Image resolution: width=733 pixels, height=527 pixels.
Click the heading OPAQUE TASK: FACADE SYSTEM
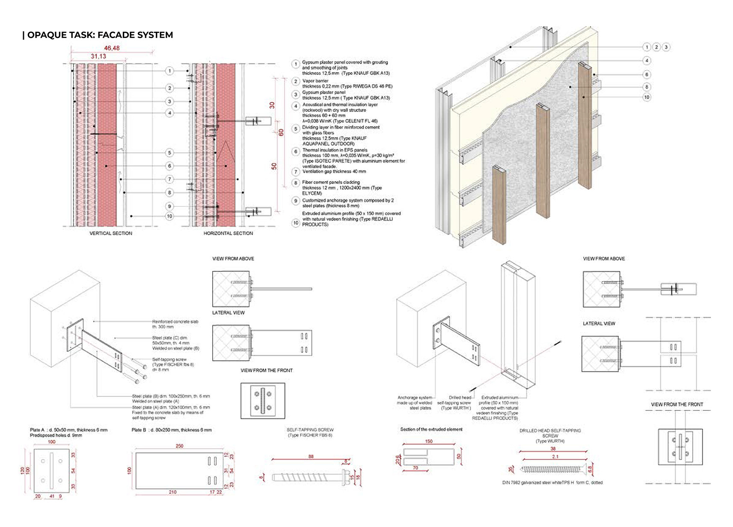tap(100, 35)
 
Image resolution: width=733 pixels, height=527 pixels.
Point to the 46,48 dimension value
tap(112, 48)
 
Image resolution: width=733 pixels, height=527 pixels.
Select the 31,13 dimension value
tap(98, 56)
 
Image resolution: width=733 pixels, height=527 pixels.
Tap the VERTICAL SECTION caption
tap(111, 233)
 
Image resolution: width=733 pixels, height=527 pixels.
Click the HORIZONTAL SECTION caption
tap(228, 233)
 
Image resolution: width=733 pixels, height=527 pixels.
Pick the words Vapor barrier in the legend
tap(315, 81)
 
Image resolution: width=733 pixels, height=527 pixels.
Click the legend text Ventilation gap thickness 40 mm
tap(334, 171)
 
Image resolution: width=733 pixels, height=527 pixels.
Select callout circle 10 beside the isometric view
tap(647, 97)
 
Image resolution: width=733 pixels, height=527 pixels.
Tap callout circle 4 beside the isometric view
tap(647, 61)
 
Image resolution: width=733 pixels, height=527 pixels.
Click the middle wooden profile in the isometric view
tap(543, 160)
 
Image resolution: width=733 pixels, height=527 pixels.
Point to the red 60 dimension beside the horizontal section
tap(281, 132)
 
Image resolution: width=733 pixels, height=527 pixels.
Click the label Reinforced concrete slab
tap(175, 321)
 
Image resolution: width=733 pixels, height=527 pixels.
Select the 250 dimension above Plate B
tap(179, 446)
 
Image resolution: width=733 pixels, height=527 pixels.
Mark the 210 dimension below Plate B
tap(172, 492)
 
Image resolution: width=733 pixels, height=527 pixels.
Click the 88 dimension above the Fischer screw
tap(311, 456)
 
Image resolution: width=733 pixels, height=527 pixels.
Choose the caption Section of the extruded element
tap(431, 429)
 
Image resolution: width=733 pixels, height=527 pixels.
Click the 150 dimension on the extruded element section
tap(429, 442)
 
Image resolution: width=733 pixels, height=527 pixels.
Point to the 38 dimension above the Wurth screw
tap(553, 448)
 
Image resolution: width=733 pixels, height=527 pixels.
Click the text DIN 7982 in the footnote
tap(511, 483)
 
